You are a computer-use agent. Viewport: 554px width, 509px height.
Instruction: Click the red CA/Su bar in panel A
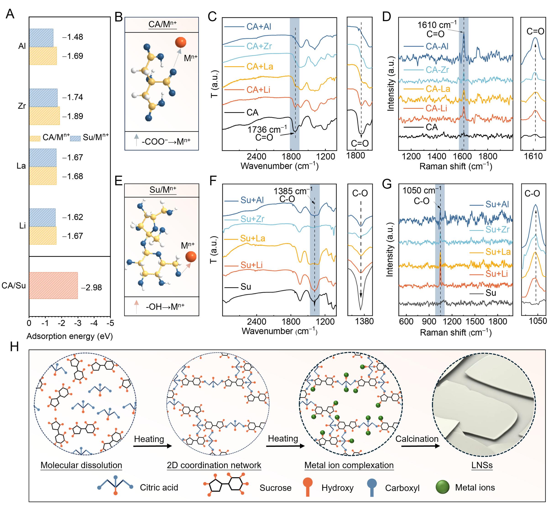(53, 285)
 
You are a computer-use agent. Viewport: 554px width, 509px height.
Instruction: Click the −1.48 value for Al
(73, 37)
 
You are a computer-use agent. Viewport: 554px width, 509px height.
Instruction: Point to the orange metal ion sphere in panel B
(180, 42)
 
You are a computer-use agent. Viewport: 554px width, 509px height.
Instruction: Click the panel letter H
(14, 347)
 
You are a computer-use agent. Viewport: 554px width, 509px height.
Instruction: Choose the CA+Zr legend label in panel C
(259, 46)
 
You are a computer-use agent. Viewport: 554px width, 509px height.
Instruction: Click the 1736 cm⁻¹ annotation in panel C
(267, 129)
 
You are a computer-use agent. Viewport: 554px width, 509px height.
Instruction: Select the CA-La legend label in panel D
(438, 89)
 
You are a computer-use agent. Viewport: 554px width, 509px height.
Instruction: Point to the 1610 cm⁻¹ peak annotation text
(437, 25)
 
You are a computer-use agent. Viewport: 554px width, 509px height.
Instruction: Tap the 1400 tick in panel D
(437, 156)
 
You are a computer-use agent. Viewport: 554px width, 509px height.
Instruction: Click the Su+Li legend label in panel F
(251, 265)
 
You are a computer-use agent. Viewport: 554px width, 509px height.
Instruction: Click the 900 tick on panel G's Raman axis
(429, 322)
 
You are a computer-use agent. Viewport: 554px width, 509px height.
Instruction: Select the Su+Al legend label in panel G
(497, 204)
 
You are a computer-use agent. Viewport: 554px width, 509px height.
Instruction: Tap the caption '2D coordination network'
(214, 465)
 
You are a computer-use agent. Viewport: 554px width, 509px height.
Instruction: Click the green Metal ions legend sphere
(442, 487)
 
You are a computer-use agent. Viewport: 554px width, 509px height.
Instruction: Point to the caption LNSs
(482, 465)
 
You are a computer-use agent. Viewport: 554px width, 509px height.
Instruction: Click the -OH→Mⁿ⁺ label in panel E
(165, 306)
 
